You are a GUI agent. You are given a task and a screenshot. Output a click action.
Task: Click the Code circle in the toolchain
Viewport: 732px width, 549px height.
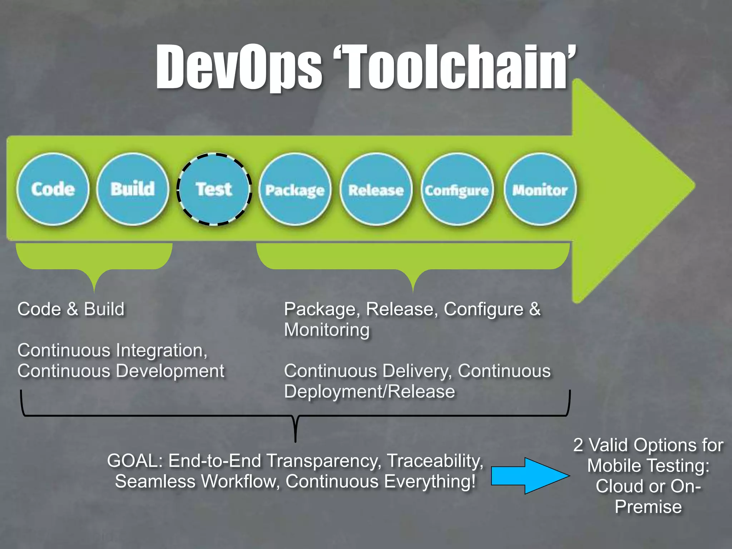tap(53, 189)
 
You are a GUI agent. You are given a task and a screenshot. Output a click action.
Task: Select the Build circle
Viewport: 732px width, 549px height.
tap(133, 189)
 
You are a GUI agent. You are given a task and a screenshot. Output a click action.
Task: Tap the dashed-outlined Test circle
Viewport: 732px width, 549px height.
tap(214, 189)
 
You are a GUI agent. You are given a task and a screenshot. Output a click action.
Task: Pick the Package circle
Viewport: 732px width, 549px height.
tap(295, 189)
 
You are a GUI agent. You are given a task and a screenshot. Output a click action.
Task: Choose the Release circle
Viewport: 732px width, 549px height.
tap(376, 189)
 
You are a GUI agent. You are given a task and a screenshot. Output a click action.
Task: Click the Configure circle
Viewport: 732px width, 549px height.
tap(457, 189)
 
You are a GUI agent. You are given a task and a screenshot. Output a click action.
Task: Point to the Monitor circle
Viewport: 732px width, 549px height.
tap(540, 189)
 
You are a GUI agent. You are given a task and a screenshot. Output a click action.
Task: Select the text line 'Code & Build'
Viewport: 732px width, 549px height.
tap(71, 309)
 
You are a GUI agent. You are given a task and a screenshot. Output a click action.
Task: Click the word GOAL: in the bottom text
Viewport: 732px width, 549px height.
tap(135, 460)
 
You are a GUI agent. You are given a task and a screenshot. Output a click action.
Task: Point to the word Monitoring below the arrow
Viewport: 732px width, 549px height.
tap(327, 330)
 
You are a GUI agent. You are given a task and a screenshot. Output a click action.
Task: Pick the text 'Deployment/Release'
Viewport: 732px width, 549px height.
tap(370, 391)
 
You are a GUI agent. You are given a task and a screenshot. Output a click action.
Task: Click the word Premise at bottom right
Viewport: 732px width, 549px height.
tap(648, 507)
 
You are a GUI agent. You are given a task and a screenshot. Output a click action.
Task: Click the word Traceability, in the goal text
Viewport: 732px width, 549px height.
tap(435, 460)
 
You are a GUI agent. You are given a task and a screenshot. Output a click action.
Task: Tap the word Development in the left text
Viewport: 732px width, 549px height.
tap(170, 371)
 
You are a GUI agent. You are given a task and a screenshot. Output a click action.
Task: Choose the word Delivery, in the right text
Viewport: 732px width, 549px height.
tap(417, 371)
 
